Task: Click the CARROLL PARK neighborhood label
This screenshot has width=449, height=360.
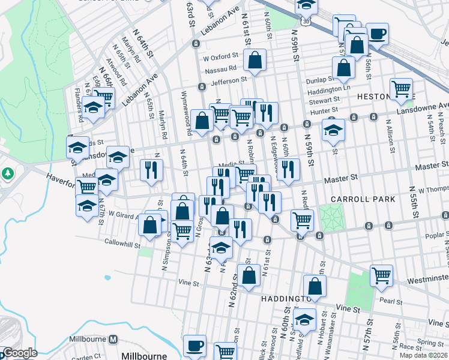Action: pos(362,199)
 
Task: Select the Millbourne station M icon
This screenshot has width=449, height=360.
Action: pos(112,340)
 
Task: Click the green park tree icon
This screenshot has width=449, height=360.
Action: pos(7,174)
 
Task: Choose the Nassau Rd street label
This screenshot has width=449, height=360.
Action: pos(220,69)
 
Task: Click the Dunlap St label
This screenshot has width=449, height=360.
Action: pos(319,79)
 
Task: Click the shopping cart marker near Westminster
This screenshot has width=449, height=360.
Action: pos(381,275)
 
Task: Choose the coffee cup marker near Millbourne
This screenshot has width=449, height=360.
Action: pos(194,345)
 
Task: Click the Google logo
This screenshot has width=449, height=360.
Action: pos(19,353)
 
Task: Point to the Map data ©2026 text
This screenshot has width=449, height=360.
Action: pos(423,355)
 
